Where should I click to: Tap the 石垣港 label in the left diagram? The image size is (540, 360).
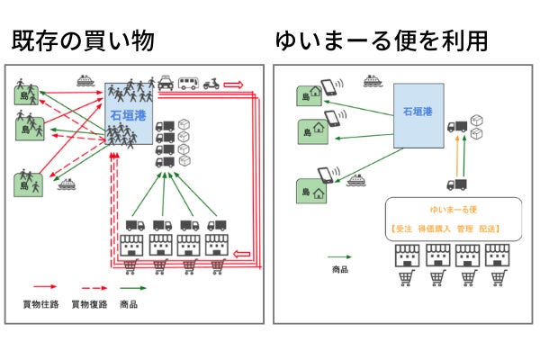tap(126, 116)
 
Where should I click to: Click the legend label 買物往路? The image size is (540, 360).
tap(37, 305)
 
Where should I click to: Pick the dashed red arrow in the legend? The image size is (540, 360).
tap(86, 290)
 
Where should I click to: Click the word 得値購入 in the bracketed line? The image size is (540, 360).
tap(436, 228)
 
